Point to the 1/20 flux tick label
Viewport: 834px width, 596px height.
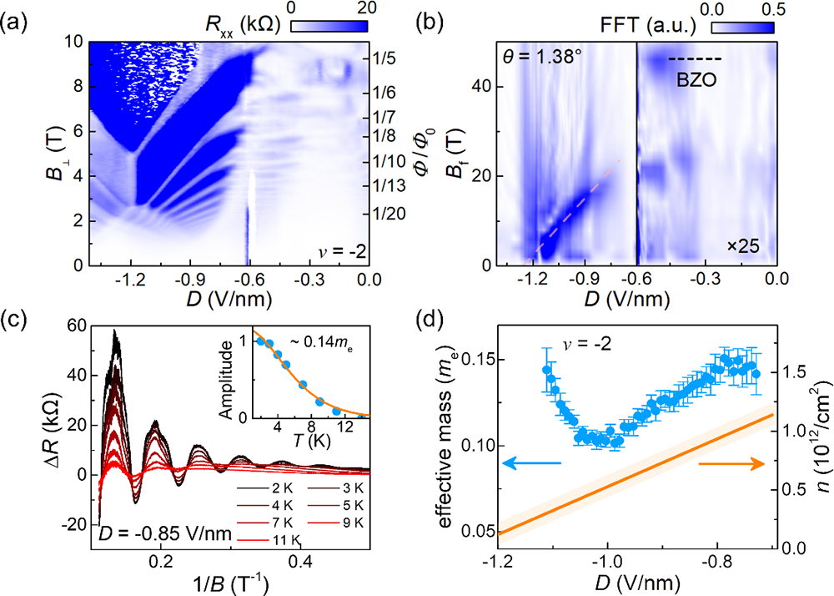[389, 214]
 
